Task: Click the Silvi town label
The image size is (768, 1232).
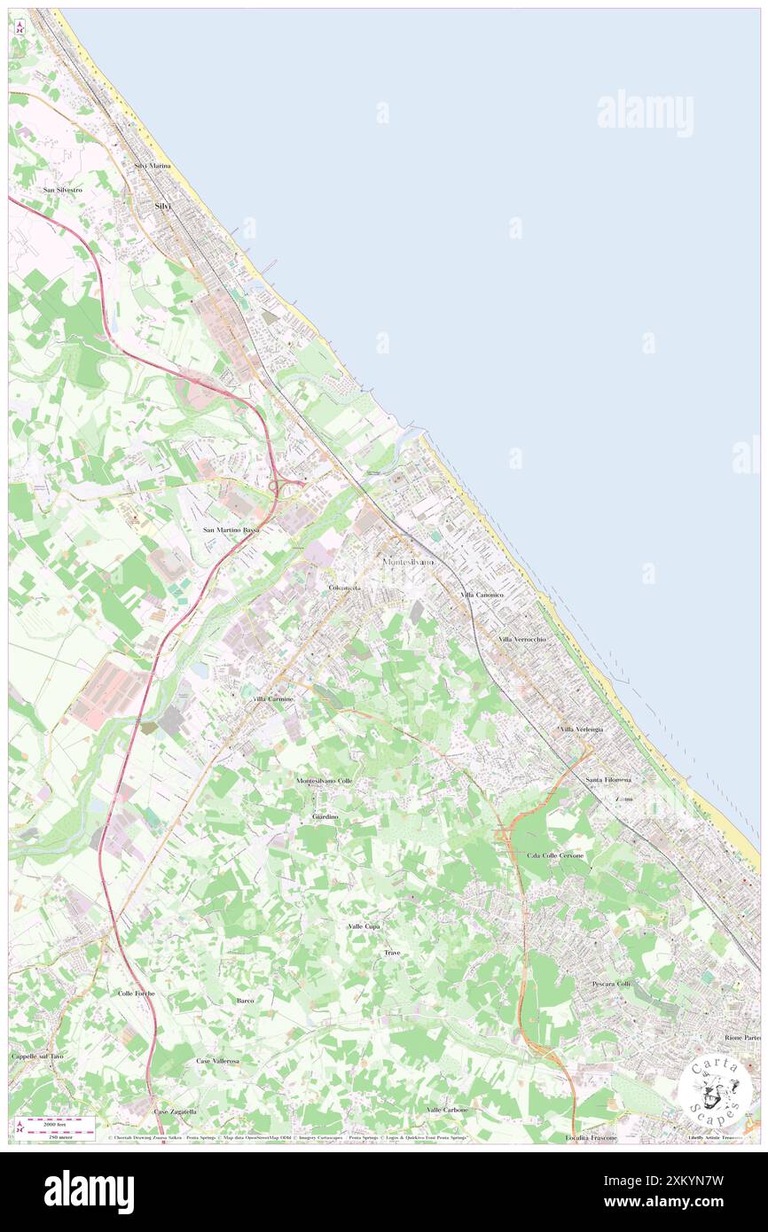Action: pyautogui.click(x=162, y=206)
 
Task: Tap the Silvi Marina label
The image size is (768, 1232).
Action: pyautogui.click(x=152, y=166)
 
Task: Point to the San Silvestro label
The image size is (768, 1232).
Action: pyautogui.click(x=63, y=190)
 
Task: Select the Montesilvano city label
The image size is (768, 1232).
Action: pyautogui.click(x=407, y=562)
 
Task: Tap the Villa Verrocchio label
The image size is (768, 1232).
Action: pyautogui.click(x=521, y=638)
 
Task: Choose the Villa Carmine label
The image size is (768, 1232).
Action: pyautogui.click(x=273, y=699)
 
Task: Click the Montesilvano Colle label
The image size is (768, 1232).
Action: pyautogui.click(x=324, y=780)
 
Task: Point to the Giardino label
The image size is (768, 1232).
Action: pyautogui.click(x=325, y=815)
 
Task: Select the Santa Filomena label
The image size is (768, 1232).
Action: pyautogui.click(x=607, y=779)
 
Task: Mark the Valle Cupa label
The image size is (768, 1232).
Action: pyautogui.click(x=364, y=925)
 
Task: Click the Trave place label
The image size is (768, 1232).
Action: pyautogui.click(x=392, y=952)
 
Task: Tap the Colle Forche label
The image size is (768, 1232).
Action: pyautogui.click(x=136, y=993)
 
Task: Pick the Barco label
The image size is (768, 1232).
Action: pyautogui.click(x=246, y=1000)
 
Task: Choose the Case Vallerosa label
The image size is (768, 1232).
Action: pyautogui.click(x=217, y=1060)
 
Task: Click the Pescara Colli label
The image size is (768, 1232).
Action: pyautogui.click(x=610, y=984)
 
